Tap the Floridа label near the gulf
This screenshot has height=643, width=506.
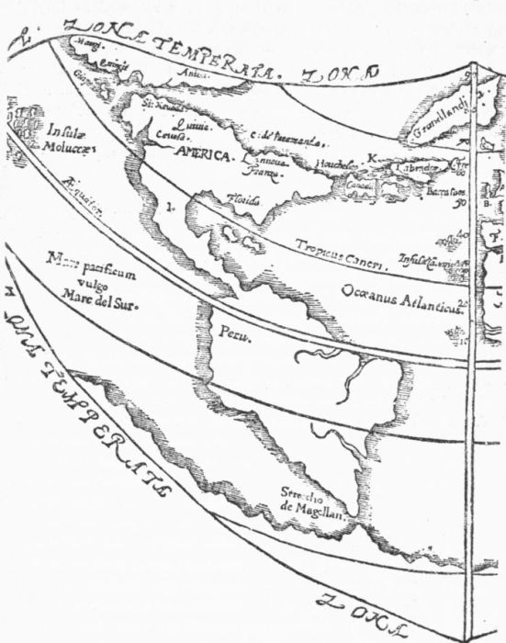click(x=242, y=199)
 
